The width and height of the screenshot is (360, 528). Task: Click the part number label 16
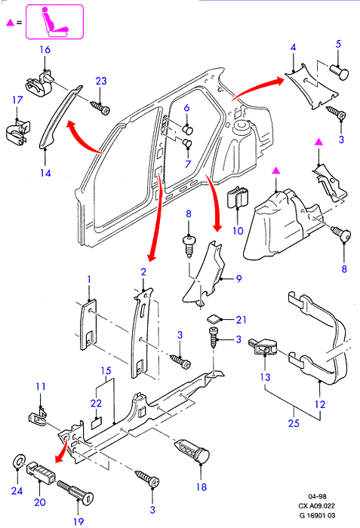point(45,50)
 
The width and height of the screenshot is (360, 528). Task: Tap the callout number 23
point(101,81)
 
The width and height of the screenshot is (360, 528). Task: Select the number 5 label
point(338,44)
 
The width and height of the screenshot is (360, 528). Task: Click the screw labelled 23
point(100,108)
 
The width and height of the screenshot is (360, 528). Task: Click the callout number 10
point(238,231)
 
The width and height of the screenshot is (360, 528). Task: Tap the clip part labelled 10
point(238,198)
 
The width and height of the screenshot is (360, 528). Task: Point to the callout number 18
point(202,487)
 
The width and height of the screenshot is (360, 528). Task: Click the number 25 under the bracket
point(294,423)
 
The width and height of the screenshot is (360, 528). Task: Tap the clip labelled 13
point(263,348)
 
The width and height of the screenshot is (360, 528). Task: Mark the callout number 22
point(96,403)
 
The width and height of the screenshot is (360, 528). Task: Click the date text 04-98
point(317,496)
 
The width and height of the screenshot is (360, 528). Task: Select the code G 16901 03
point(317,515)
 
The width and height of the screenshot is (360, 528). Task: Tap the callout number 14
point(45,173)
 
